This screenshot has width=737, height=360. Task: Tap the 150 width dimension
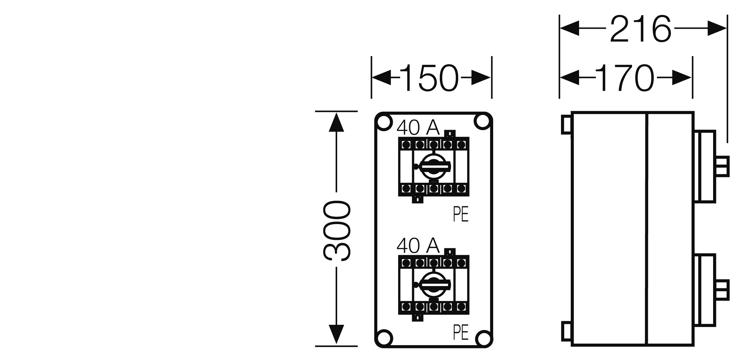(431, 78)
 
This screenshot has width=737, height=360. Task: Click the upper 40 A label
(418, 128)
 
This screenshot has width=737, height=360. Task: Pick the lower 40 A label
(418, 246)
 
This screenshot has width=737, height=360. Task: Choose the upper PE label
(461, 215)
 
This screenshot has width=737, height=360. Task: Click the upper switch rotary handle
(432, 167)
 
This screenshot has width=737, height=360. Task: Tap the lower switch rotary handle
(432, 284)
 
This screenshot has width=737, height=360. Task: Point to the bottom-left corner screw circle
(384, 338)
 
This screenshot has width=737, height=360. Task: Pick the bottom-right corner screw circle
(483, 338)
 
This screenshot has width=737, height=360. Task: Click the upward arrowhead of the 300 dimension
(337, 122)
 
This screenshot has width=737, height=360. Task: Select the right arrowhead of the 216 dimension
(717, 28)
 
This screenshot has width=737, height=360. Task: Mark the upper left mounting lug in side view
(566, 125)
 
